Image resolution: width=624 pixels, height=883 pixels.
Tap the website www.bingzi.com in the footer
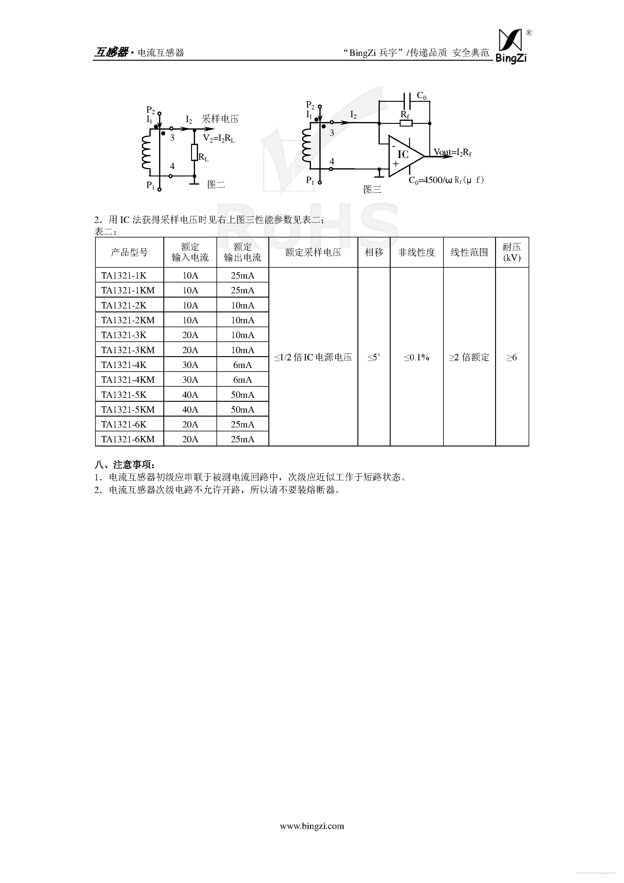point(312,826)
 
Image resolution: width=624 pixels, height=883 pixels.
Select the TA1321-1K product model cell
point(124,276)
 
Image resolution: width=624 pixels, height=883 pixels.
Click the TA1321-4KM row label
point(128,380)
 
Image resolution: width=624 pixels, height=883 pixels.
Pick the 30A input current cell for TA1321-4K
point(190,365)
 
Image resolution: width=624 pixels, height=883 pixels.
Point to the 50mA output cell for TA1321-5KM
point(242,410)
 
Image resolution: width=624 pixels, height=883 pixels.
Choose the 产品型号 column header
point(129,252)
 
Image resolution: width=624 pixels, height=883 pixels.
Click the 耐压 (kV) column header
point(512,252)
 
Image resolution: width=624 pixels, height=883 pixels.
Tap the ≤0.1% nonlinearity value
point(417,357)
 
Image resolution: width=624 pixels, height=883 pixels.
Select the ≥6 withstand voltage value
point(511,357)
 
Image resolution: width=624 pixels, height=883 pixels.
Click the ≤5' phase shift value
point(373,357)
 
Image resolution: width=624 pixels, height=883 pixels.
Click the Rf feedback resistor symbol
point(406,123)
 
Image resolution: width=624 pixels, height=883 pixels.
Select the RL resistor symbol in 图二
point(194,152)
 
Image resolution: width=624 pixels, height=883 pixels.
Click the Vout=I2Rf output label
point(453,152)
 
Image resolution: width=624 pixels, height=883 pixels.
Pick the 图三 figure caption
point(372,189)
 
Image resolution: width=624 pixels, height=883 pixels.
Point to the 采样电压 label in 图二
point(220,119)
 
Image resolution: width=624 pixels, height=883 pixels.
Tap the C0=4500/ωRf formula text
point(446,180)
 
